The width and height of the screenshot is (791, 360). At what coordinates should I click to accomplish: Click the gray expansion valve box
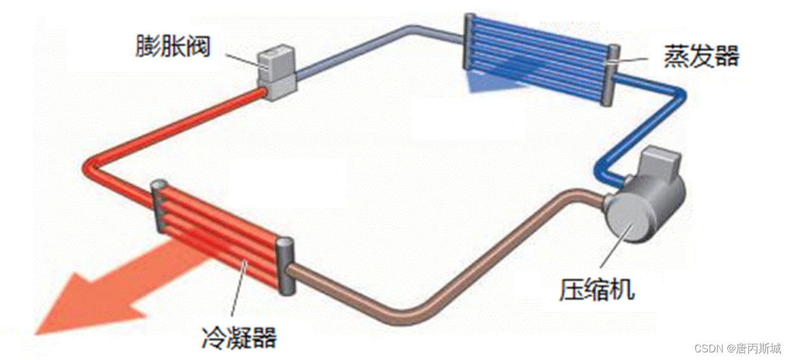[276, 72]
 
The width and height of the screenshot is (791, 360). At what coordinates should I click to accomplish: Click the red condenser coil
[219, 235]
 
